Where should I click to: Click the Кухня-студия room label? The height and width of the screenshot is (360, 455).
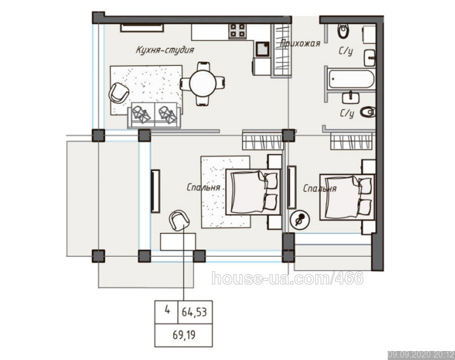click(165, 50)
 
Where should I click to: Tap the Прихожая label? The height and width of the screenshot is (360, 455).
click(300, 44)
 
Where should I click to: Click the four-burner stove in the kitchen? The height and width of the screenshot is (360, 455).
click(238, 31)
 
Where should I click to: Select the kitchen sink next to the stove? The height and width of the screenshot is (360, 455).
click(262, 49)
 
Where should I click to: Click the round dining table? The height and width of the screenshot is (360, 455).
click(202, 84)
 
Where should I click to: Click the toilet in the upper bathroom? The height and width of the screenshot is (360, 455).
click(343, 31)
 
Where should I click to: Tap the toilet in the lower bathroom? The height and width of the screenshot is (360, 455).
click(367, 112)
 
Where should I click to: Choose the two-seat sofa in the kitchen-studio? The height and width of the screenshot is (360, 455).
click(154, 115)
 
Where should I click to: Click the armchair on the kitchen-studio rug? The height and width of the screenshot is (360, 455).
click(119, 93)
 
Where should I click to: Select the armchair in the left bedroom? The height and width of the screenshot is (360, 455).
click(179, 220)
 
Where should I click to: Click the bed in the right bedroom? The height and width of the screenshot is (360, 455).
click(348, 197)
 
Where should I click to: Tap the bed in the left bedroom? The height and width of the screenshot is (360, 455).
click(253, 192)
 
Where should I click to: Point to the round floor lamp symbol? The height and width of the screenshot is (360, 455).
click(300, 219)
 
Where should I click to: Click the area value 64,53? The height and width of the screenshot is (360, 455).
click(194, 312)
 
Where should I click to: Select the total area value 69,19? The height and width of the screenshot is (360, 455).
click(184, 335)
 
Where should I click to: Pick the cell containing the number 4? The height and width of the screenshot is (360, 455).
click(166, 312)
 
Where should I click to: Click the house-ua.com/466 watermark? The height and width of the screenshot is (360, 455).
click(288, 278)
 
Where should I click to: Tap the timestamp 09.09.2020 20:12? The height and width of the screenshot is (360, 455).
click(421, 355)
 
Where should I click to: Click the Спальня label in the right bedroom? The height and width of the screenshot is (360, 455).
click(320, 188)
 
